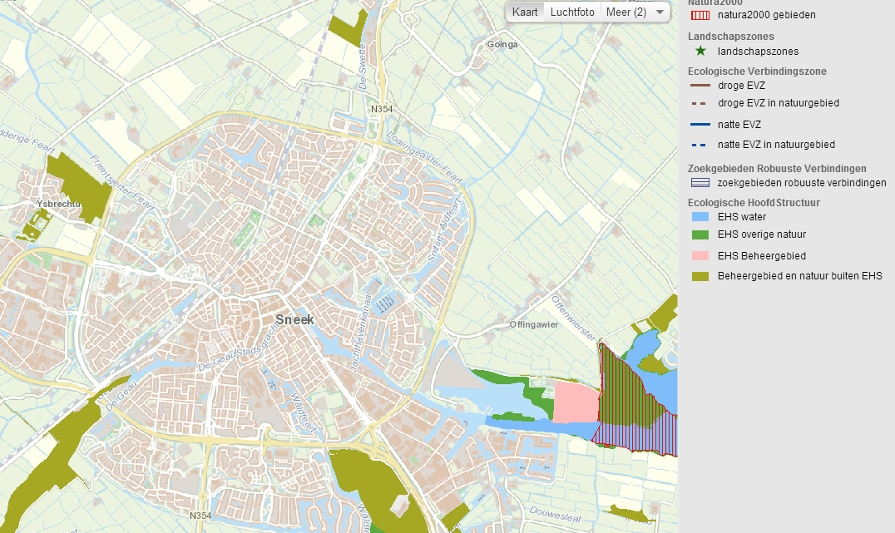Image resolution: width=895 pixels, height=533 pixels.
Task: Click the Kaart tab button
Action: [525, 12]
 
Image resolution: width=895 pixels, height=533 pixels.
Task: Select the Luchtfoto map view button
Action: [572, 12]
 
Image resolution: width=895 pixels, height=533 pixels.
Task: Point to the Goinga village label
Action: [502, 45]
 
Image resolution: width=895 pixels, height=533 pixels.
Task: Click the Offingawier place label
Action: [532, 323]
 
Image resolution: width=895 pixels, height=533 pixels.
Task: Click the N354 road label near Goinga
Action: [381, 109]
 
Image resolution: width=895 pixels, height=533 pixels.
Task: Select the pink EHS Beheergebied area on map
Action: [575, 402]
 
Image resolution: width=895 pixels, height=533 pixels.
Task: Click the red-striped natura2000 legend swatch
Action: [702, 15]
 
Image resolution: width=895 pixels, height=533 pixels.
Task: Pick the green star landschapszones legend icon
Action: [702, 52]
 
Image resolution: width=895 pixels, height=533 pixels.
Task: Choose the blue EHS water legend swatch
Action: [702, 216]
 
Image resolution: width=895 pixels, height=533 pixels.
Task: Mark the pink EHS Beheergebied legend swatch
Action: [702, 256]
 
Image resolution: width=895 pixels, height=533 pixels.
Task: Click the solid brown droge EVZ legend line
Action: [702, 85]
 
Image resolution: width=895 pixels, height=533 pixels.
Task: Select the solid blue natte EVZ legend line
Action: [702, 125]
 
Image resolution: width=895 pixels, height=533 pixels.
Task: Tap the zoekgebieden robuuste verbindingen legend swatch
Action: [702, 183]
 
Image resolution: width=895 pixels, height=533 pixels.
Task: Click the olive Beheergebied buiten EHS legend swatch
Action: [702, 276]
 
